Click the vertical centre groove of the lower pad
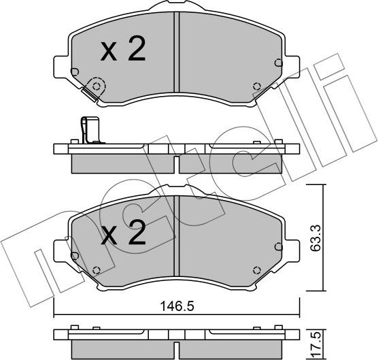[x=176, y=235]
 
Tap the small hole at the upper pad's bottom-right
[x=256, y=86]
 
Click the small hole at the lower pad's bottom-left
[x=97, y=267]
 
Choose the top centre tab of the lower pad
[x=176, y=191]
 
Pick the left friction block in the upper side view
[x=123, y=163]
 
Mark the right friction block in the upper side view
[x=230, y=163]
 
